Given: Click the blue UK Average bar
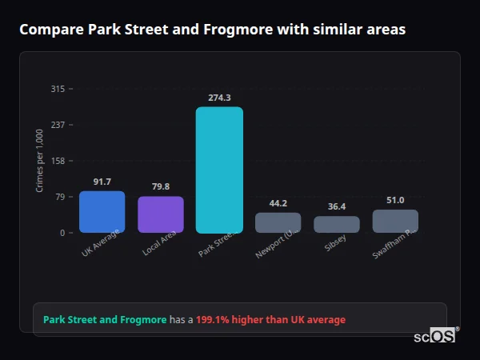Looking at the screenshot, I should [x=102, y=212].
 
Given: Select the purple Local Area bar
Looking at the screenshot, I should [x=161, y=214].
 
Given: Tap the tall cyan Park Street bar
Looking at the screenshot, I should [x=219, y=170].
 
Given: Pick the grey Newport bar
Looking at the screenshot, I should [x=278, y=222].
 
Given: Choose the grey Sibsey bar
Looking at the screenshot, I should [x=337, y=224].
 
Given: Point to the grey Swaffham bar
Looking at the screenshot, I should [x=395, y=221].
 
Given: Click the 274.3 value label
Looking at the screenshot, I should [x=219, y=98].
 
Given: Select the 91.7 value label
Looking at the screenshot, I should [x=102, y=182].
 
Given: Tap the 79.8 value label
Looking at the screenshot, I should [x=161, y=186].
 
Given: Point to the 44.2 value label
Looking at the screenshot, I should [x=278, y=203].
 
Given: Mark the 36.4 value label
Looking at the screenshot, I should [x=337, y=206].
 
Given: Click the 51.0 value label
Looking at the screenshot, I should [x=395, y=200].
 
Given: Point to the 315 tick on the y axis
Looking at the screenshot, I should [x=58, y=89].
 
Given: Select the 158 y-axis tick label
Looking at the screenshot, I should [x=58, y=161].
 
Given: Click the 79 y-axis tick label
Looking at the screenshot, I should [x=60, y=197].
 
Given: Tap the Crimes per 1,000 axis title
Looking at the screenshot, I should [x=40, y=161].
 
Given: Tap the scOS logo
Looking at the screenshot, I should [x=435, y=336].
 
